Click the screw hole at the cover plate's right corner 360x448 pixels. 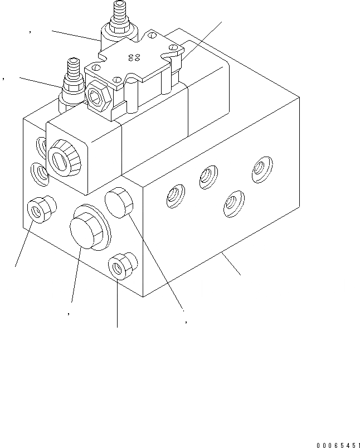tap(176, 50)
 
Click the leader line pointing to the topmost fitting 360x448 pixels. tap(76, 36)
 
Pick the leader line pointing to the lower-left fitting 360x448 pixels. tap(40, 81)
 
